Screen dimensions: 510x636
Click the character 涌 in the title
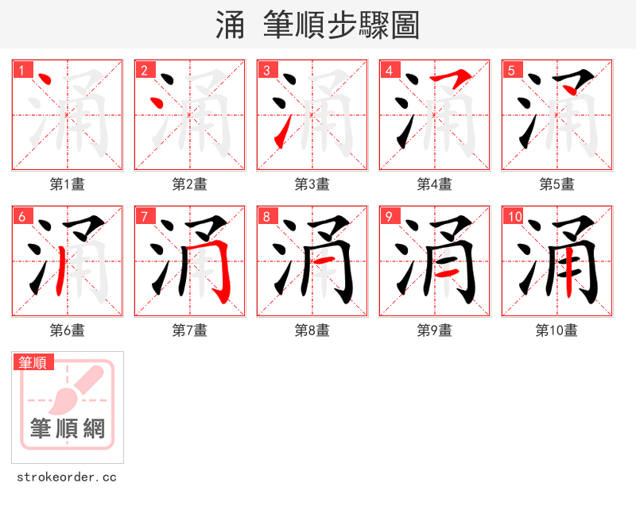[231, 25]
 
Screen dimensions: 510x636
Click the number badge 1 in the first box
[22, 71]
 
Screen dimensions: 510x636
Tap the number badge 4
[390, 71]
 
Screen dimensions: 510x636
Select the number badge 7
[145, 217]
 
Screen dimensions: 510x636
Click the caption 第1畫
[68, 184]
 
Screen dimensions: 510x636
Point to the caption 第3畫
[312, 184]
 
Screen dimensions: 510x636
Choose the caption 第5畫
[557, 184]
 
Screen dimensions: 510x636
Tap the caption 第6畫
[68, 330]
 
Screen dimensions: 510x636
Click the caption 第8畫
[312, 330]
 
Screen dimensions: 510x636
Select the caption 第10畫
[557, 330]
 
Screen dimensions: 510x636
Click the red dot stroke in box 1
[45, 81]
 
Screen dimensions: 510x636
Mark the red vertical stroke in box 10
[568, 270]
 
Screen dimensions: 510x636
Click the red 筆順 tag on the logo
[33, 363]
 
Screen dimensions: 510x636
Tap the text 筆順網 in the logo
[68, 429]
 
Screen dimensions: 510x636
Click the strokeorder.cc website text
[68, 477]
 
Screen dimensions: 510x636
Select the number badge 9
[390, 217]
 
